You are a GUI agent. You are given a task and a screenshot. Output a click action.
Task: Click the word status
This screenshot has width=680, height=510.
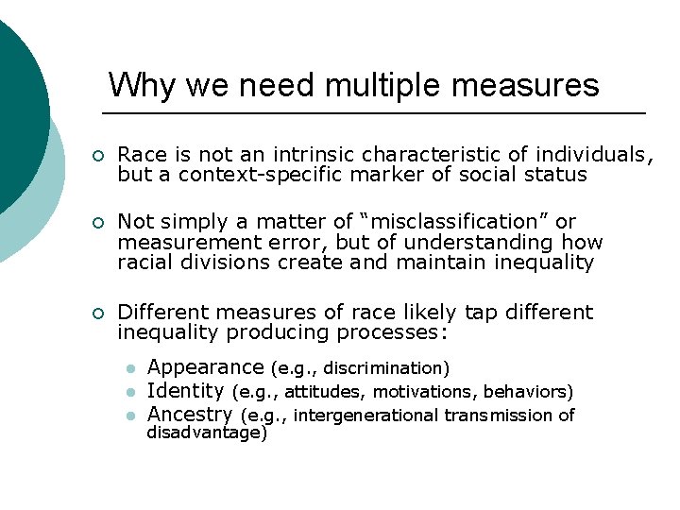[x=553, y=175]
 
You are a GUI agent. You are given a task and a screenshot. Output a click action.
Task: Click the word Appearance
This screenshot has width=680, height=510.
[x=205, y=367]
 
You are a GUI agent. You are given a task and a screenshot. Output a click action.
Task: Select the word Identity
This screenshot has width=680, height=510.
[x=185, y=391]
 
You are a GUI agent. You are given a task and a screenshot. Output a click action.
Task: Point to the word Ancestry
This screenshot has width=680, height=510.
[x=190, y=415]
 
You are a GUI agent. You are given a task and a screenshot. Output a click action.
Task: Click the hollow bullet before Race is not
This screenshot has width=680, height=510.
[x=97, y=155]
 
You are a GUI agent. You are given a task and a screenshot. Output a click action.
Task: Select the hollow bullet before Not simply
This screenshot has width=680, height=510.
[x=97, y=223]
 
